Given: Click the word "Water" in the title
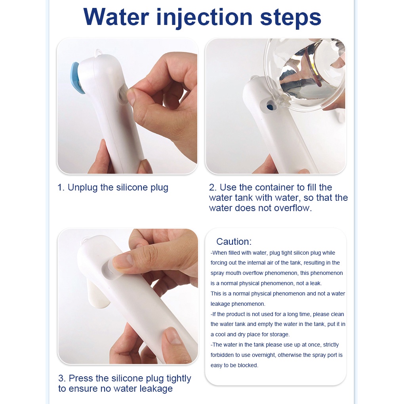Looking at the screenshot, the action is [116, 17].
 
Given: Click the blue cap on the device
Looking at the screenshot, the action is [77, 78].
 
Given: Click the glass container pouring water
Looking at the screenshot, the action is [305, 75].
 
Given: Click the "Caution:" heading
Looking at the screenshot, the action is [234, 242].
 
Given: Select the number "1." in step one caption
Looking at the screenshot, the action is [61, 187].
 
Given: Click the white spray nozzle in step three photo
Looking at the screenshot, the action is [97, 294].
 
